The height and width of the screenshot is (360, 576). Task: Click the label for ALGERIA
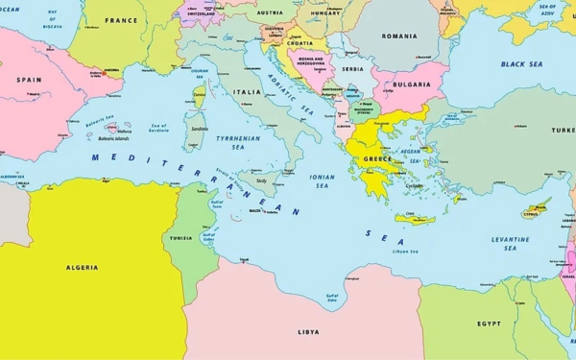[x=82, y=268]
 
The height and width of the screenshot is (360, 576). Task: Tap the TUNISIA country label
[x=180, y=238]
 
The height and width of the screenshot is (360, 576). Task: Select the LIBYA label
[x=308, y=331]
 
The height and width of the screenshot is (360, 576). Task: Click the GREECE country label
[x=376, y=159]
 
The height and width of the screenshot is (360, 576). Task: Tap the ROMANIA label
[x=398, y=36]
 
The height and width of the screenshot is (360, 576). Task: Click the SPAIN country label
[x=30, y=80]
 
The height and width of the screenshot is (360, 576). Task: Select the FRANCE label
[x=121, y=20]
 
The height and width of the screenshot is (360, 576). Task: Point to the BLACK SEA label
[x=521, y=64]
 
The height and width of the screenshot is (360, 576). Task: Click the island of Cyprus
[x=538, y=208]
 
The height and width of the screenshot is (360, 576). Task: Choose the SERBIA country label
[x=353, y=69]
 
